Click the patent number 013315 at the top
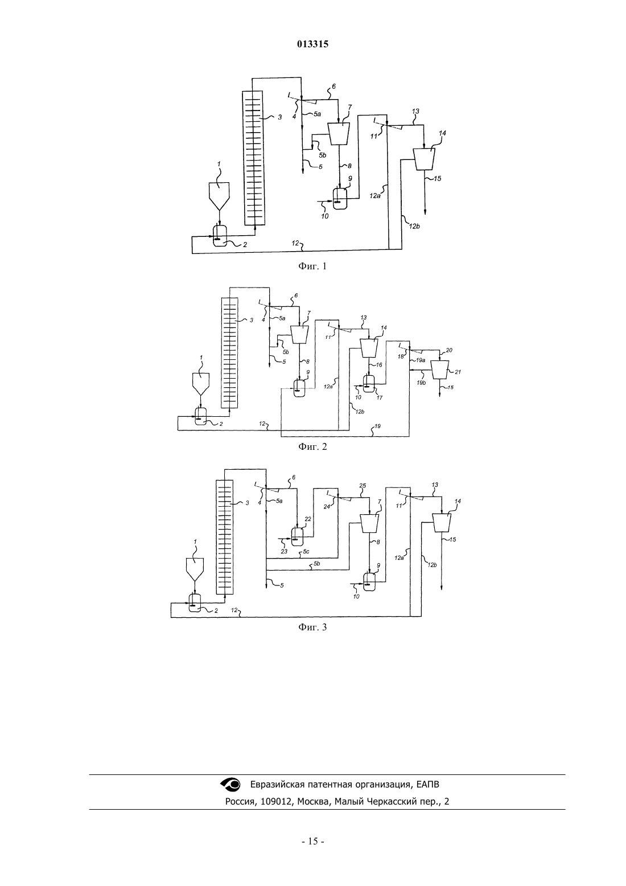312,44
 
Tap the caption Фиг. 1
312,266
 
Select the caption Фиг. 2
312,446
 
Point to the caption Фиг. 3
312,627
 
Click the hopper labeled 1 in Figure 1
219,196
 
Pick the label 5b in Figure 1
323,155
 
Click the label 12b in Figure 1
414,226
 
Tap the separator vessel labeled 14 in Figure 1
424,159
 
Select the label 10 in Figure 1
324,216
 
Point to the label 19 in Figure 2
378,426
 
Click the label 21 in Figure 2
458,372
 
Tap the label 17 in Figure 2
380,397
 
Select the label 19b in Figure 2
421,383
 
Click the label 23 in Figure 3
284,551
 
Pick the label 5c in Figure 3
306,551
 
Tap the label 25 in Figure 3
363,485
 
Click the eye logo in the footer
230,784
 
